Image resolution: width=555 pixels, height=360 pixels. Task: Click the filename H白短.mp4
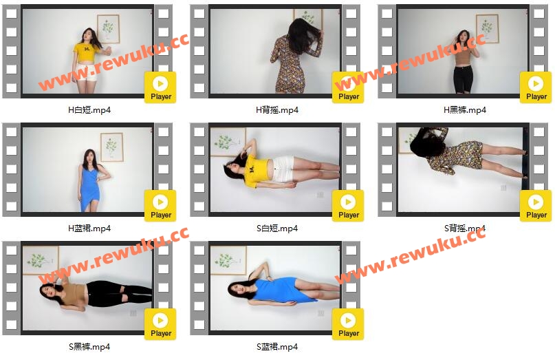[89, 110]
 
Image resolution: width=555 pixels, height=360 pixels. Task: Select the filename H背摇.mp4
[277, 110]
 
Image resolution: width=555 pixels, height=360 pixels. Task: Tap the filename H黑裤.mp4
[465, 110]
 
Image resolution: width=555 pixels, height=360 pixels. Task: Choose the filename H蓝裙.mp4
[89, 229]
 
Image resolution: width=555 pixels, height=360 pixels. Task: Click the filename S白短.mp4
[277, 229]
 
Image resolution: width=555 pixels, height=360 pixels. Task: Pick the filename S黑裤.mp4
[89, 346]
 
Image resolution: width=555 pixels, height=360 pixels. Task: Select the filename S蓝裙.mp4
[277, 346]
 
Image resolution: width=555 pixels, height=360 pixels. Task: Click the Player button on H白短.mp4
[160, 87]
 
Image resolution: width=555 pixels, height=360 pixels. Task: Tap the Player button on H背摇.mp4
[348, 87]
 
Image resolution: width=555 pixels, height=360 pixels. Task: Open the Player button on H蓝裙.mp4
[160, 206]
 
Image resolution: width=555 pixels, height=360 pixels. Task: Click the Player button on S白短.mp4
[348, 206]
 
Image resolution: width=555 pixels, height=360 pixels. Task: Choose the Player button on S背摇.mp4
[536, 206]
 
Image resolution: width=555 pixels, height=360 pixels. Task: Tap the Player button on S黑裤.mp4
[160, 324]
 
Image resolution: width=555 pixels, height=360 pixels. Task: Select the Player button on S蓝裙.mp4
[348, 324]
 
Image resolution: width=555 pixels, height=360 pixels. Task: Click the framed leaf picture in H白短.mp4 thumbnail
[108, 29]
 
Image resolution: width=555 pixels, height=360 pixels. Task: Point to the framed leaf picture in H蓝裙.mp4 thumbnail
[112, 147]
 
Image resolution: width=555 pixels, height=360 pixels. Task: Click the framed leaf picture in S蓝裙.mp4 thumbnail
[228, 260]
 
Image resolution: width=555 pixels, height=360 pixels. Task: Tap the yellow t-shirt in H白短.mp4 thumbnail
[85, 52]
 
